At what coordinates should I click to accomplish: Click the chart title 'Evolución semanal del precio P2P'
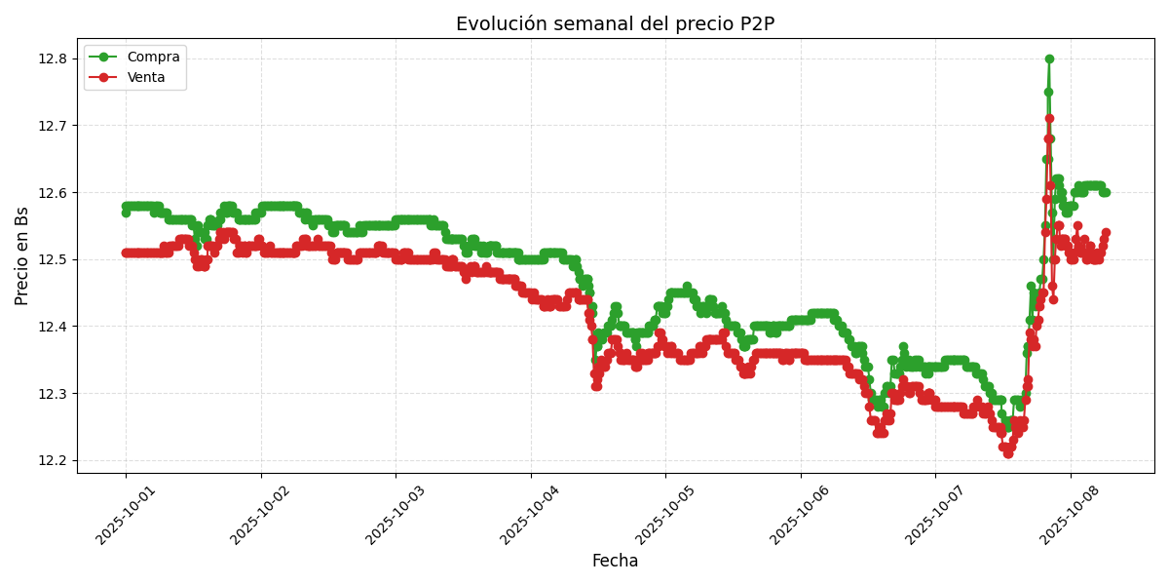click(x=615, y=24)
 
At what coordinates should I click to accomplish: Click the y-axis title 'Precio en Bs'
click(x=22, y=255)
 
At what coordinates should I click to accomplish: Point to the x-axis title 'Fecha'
click(x=615, y=562)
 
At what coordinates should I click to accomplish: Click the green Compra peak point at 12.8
click(x=1049, y=58)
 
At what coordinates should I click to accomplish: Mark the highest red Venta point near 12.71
click(x=1049, y=119)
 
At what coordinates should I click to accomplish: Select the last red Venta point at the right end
click(x=1106, y=233)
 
